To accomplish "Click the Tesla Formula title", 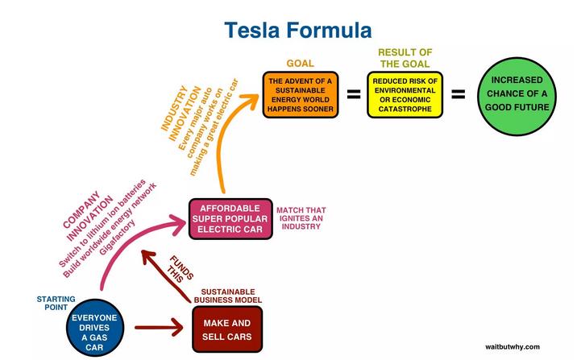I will tap(297, 31).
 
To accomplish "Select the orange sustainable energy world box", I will tap(301, 94).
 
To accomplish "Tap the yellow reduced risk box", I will tap(403, 94).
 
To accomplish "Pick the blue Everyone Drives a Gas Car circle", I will tap(94, 329).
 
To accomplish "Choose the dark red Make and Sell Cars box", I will tap(227, 329).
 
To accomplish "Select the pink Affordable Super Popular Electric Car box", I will tap(230, 218).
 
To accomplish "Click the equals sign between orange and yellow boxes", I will tap(353, 94).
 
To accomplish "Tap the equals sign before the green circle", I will tap(458, 94).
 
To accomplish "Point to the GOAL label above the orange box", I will tap(300, 63).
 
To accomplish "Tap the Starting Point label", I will tap(56, 304).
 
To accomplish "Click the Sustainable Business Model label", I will tap(226, 296).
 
